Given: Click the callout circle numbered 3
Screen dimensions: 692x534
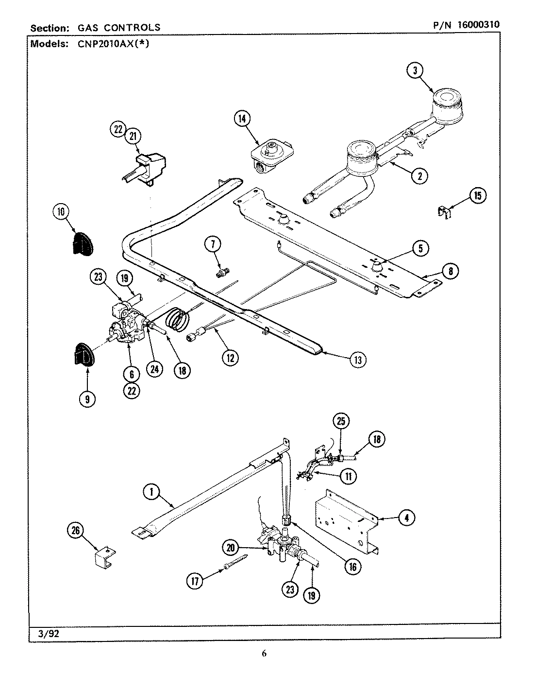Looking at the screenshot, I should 414,71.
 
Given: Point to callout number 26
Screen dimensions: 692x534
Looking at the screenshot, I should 76,531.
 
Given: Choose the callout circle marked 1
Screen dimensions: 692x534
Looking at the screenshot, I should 151,493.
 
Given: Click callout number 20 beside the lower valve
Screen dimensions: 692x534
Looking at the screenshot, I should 231,547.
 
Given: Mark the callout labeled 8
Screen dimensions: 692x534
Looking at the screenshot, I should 450,271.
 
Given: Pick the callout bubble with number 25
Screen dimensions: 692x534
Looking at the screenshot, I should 341,421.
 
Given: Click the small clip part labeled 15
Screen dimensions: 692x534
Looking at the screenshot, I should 443,212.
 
